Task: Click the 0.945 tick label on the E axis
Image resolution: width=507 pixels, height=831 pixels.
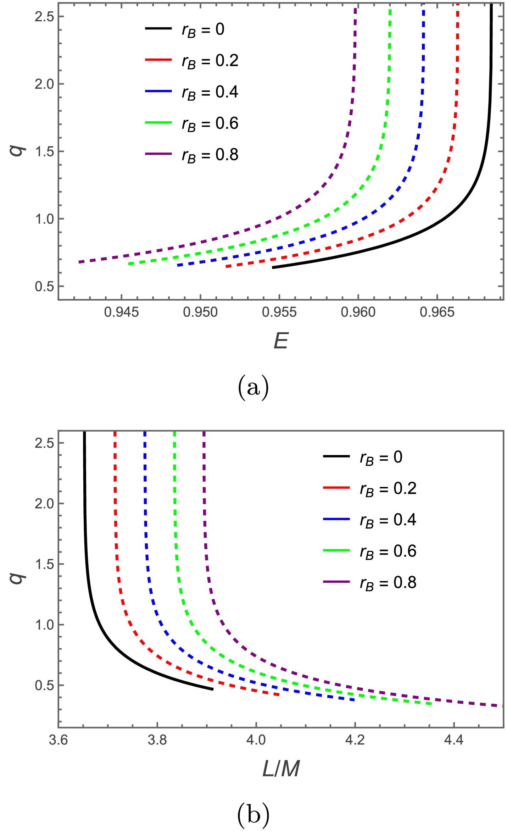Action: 121,312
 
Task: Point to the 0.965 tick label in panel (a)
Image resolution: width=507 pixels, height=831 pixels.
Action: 437,312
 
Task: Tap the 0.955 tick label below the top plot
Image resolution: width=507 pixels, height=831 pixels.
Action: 279,312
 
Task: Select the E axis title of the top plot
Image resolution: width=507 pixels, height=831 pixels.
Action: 281,341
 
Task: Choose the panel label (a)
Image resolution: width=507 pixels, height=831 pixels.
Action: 253,388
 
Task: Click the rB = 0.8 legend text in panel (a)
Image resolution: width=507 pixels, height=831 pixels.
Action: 210,155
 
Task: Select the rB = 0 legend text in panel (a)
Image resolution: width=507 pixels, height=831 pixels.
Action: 203,30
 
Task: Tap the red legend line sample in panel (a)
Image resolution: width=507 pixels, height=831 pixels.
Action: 158,60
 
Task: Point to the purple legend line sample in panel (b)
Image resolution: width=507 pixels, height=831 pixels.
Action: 336,582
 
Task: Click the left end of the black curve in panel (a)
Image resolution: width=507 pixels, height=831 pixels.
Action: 273,267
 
